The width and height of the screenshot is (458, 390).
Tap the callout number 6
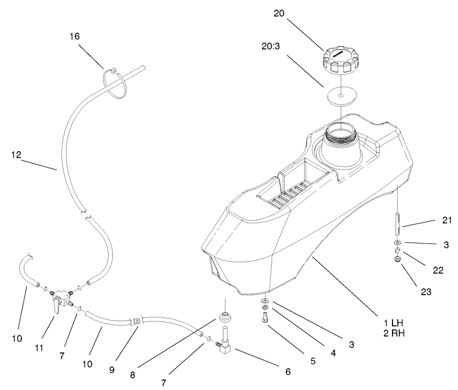pyautogui.click(x=287, y=371)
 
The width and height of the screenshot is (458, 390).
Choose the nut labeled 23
pyautogui.click(x=398, y=260)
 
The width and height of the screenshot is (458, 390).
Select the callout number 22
pyautogui.click(x=438, y=270)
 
